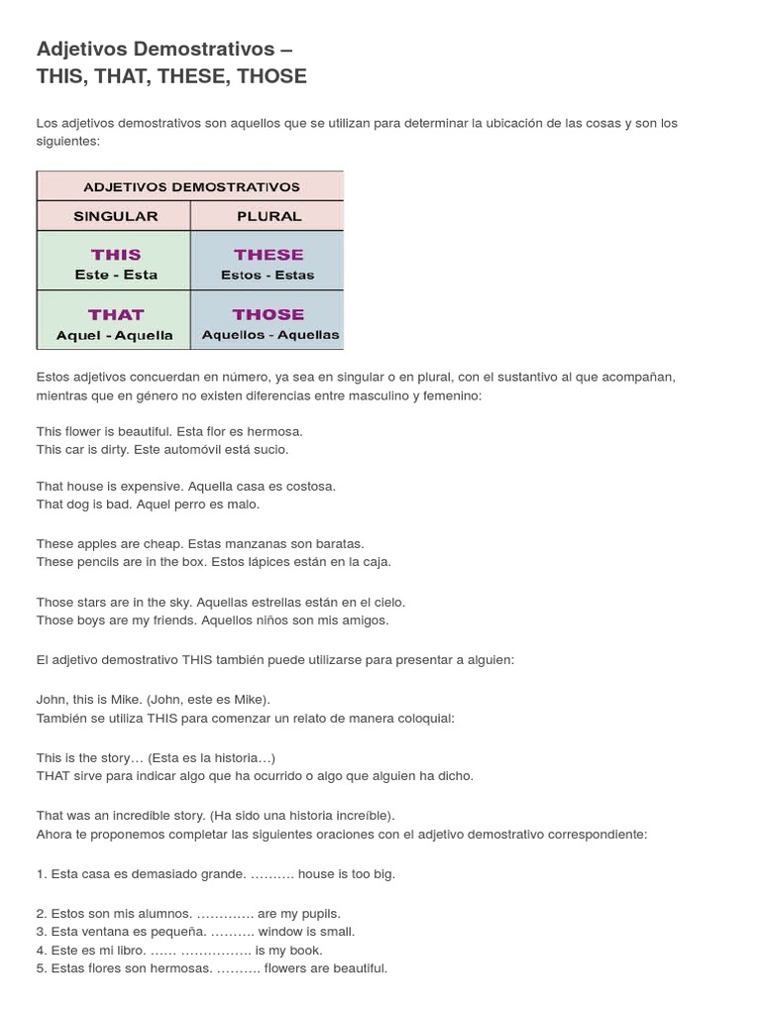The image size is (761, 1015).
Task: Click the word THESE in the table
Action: coord(269,255)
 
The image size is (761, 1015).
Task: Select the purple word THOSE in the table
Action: coord(269,314)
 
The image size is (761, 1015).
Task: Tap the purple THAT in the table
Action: coord(116,314)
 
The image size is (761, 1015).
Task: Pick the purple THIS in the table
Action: coord(116,255)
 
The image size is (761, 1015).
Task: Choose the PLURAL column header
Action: coord(270,216)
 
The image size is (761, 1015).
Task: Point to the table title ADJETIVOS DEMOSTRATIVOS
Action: coord(191,186)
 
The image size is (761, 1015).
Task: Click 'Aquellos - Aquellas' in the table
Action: coord(271,335)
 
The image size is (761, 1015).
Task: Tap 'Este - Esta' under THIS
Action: coord(116,275)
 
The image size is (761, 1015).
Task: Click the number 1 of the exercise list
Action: coord(41,874)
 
